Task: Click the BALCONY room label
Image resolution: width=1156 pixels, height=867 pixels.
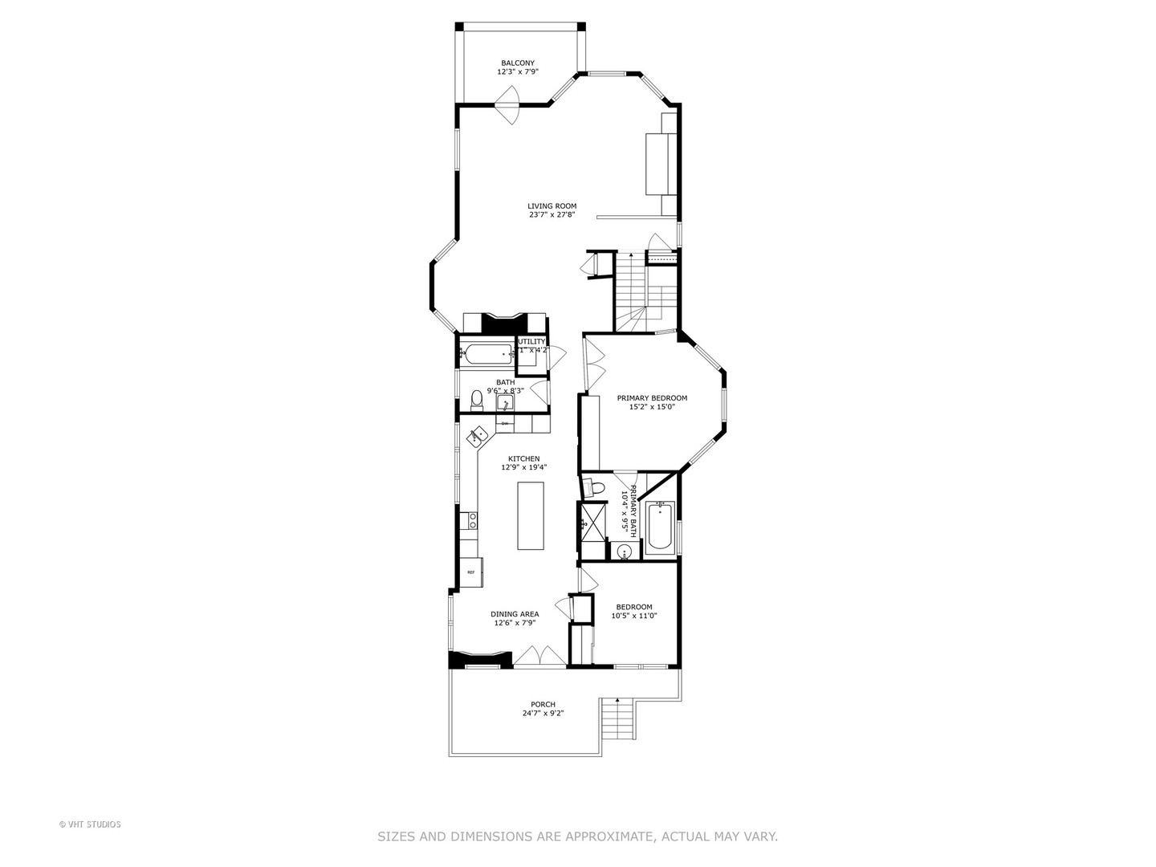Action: pos(518,63)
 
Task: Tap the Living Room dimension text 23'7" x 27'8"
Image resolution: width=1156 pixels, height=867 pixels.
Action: pos(552,214)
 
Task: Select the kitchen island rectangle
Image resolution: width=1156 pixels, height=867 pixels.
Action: pos(530,515)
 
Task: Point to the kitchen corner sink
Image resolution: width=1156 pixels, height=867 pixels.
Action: pos(478,436)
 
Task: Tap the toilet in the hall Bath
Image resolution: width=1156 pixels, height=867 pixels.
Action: pos(476,399)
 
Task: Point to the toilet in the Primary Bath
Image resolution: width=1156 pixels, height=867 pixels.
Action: pos(595,486)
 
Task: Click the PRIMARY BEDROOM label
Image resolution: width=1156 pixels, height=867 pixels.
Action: pos(652,398)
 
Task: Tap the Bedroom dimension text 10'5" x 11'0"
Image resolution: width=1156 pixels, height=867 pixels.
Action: pos(634,616)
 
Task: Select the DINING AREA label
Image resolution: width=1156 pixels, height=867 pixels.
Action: pos(515,614)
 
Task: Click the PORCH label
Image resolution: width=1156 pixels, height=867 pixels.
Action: pos(543,704)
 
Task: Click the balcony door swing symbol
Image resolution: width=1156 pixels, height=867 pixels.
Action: pos(508,105)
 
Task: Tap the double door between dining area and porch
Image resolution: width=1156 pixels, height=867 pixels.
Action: pos(539,656)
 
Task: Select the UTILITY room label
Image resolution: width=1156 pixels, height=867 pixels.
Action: pos(532,341)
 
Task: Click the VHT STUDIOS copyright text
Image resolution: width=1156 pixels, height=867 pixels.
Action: pos(90,824)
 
